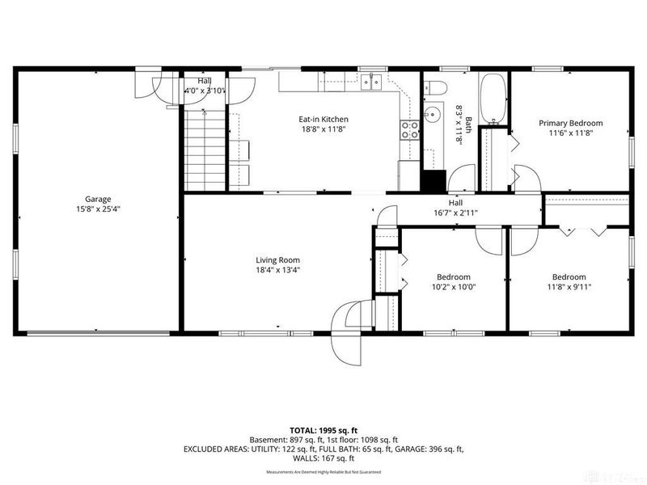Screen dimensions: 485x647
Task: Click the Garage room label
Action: [x=98, y=199]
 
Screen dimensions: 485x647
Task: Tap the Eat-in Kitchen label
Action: [x=323, y=120]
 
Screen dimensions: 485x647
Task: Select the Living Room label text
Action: [x=278, y=260]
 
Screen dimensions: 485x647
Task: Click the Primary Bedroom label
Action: [x=571, y=124]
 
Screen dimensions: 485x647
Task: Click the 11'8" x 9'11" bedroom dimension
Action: [x=569, y=286]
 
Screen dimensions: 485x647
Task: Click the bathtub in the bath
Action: [x=493, y=99]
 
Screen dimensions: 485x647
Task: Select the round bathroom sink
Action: [x=433, y=115]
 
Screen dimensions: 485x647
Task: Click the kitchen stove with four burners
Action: [x=410, y=130]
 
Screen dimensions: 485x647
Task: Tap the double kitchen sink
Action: [x=372, y=81]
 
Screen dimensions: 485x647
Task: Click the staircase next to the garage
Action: [x=205, y=150]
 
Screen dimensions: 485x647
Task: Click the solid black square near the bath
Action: [x=435, y=179]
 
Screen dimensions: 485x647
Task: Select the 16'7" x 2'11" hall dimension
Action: [x=455, y=213]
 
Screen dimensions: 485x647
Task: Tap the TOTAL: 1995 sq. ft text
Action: [x=323, y=430]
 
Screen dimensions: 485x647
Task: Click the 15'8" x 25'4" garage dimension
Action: [x=98, y=209]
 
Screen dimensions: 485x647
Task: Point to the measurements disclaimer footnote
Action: [x=323, y=471]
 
